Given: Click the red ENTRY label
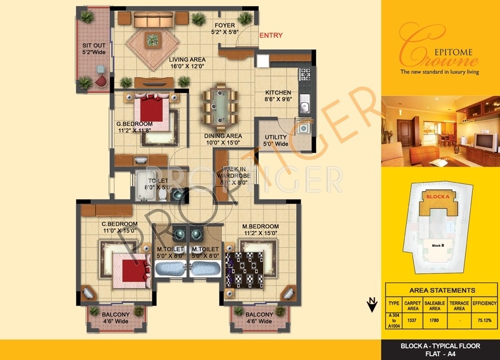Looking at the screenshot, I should click(x=271, y=36).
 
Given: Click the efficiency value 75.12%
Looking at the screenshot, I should click(x=484, y=320).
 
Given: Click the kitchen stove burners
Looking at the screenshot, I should click(x=304, y=73).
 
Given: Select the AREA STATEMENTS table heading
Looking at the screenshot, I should click(x=442, y=290).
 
